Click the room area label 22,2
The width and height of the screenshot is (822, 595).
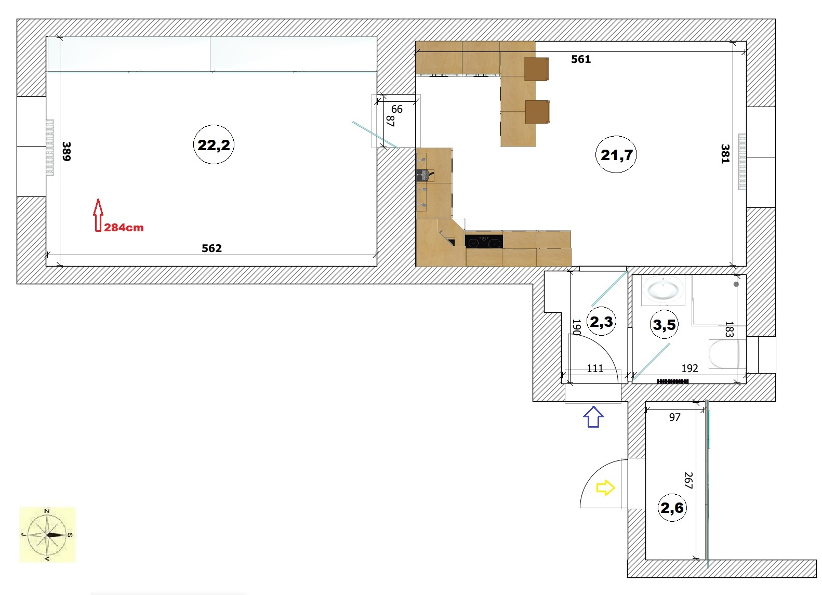click(214, 144)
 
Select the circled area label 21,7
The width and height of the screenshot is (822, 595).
click(616, 154)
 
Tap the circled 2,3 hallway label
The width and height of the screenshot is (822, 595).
click(601, 322)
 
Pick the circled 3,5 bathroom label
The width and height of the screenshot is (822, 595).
click(664, 324)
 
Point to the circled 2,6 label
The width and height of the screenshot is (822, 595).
click(672, 508)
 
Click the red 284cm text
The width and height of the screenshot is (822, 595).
click(124, 228)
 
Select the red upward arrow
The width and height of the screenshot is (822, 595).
click(98, 215)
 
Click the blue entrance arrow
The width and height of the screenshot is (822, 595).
click(593, 417)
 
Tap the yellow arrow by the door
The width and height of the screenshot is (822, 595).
click(605, 487)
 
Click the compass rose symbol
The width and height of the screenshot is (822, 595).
click(47, 534)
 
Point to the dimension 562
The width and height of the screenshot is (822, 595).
click(212, 248)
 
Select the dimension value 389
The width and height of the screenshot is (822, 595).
click(67, 151)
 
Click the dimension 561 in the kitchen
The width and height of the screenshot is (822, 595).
click(581, 59)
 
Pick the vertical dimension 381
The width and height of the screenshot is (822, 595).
click(725, 153)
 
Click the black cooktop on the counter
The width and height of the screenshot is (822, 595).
click(484, 241)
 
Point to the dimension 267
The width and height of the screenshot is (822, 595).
click(688, 480)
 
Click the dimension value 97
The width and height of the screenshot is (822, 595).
click(674, 417)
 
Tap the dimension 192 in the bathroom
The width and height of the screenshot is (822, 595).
click(690, 368)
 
